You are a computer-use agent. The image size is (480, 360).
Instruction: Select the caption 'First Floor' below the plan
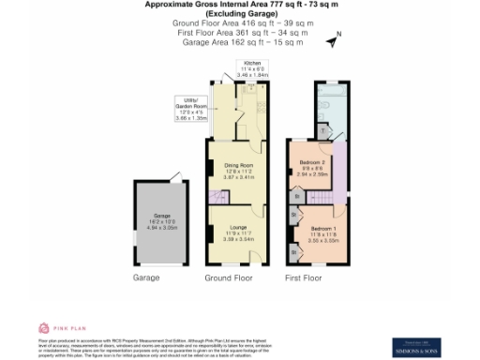(x=304, y=278)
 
